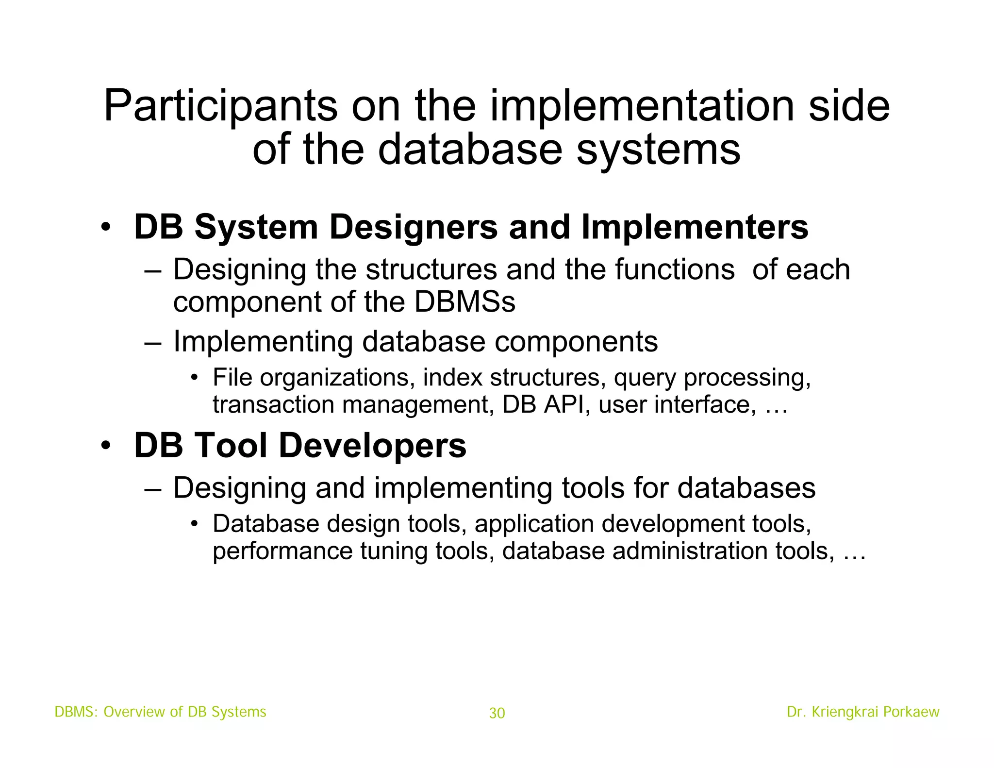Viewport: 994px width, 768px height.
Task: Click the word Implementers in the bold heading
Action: [695, 227]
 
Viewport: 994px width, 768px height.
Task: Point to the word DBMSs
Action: [464, 302]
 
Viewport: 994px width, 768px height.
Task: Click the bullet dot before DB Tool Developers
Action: [106, 446]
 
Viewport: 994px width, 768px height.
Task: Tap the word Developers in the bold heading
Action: [372, 446]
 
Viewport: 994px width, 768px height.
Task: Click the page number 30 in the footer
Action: [497, 713]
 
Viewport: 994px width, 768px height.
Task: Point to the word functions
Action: [675, 270]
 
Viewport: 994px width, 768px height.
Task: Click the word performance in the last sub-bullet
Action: [282, 551]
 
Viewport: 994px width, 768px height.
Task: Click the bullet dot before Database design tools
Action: [194, 524]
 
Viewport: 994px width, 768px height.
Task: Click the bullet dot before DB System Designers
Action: [106, 227]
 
